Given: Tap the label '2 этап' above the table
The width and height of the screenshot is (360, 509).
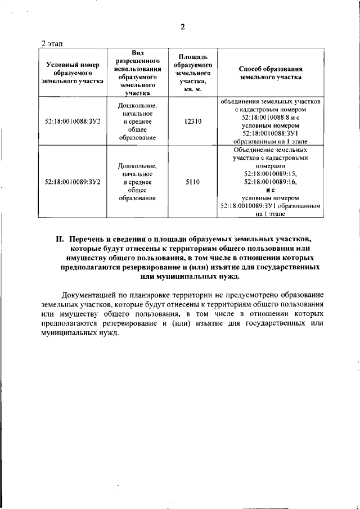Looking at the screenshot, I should click(x=54, y=43).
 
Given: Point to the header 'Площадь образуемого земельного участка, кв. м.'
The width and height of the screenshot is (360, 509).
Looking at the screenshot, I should click(x=193, y=73).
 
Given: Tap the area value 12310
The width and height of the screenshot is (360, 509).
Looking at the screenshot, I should click(x=193, y=121).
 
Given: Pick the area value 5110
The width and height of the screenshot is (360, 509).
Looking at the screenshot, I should click(x=193, y=182).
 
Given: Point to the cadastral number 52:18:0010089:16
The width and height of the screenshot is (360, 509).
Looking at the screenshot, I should click(x=271, y=182).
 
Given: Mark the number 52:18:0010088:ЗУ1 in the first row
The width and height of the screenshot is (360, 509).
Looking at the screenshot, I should click(x=271, y=133).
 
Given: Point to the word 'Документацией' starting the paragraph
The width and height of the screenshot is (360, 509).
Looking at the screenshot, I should click(x=88, y=295).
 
